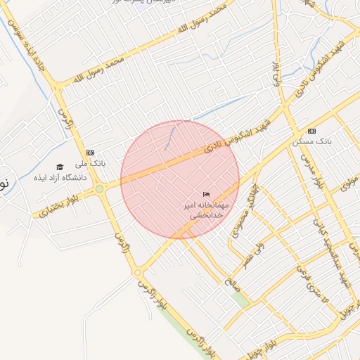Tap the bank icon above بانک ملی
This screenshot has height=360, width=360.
pyautogui.click(x=90, y=153)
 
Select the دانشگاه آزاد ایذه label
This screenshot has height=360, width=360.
pyautogui.click(x=60, y=178)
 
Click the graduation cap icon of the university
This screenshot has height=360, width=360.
pyautogui.click(x=60, y=167)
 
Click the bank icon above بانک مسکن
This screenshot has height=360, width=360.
pyautogui.click(x=311, y=131)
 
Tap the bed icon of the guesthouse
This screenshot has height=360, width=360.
pyautogui.click(x=206, y=194)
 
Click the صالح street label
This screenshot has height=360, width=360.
pyautogui.click(x=230, y=281)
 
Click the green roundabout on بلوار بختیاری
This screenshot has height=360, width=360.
pyautogui.click(x=100, y=188)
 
